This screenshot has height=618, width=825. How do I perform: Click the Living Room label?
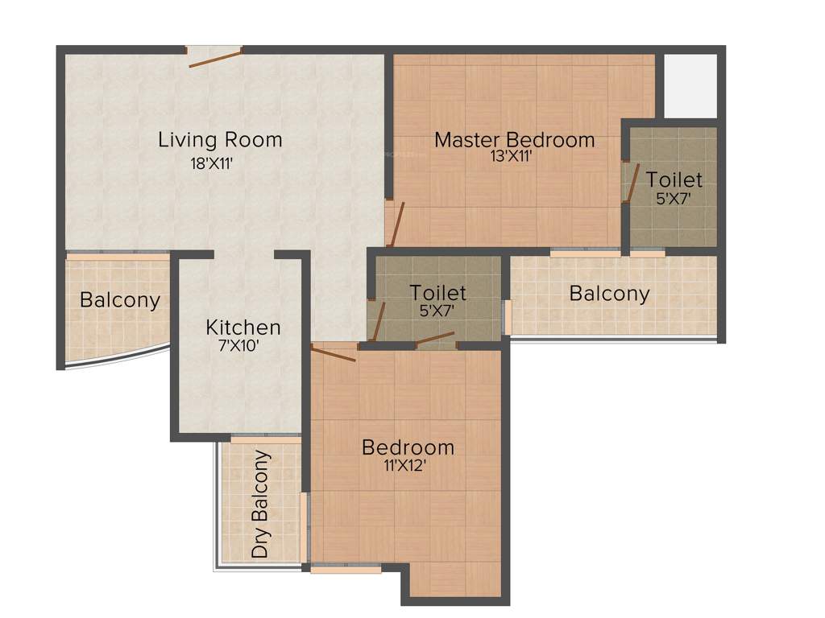click(x=220, y=139)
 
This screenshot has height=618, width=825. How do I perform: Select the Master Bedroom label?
click(x=514, y=139)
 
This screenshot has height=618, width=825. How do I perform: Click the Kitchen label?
click(x=243, y=328)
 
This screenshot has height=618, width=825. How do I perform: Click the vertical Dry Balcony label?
click(x=261, y=505)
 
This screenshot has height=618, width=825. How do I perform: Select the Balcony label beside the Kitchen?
click(x=120, y=300)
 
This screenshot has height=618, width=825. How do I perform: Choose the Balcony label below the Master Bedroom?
click(x=609, y=294)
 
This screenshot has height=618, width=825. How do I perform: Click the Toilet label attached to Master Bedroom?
click(x=674, y=179)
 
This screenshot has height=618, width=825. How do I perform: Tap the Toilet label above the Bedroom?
click(x=437, y=292)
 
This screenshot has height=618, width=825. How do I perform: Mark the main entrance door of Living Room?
click(x=215, y=57)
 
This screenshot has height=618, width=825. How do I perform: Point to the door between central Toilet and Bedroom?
click(x=435, y=338)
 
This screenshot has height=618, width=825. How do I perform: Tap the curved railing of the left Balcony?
click(x=117, y=359)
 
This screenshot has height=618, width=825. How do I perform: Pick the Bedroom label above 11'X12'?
click(x=408, y=447)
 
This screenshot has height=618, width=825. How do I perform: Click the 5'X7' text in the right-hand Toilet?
click(x=674, y=198)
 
